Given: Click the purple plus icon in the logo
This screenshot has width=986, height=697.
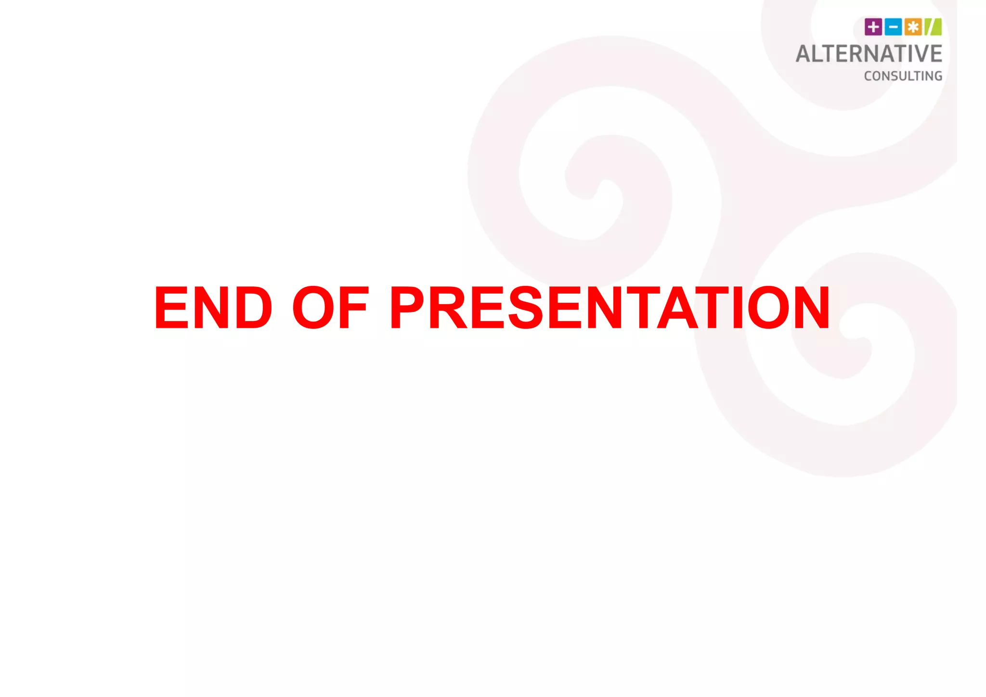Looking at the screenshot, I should click(873, 27).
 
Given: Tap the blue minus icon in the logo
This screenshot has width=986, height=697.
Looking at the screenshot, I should click(893, 27).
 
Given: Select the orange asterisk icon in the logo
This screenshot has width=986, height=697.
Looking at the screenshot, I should click(913, 27).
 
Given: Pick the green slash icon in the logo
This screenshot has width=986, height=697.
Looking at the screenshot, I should click(933, 27).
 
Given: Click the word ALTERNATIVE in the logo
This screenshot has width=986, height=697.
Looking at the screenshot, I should click(869, 54).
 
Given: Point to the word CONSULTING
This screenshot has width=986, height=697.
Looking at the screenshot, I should click(903, 76).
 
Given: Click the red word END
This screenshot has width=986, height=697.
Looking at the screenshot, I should click(213, 308).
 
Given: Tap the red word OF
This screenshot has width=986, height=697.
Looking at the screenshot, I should click(330, 308).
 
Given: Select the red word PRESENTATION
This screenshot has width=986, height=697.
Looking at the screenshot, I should click(610, 308).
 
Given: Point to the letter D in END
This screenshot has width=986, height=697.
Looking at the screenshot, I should click(254, 308).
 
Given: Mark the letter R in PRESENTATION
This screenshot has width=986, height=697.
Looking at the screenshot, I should click(447, 308).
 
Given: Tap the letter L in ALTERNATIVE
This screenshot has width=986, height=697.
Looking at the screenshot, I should click(821, 54).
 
